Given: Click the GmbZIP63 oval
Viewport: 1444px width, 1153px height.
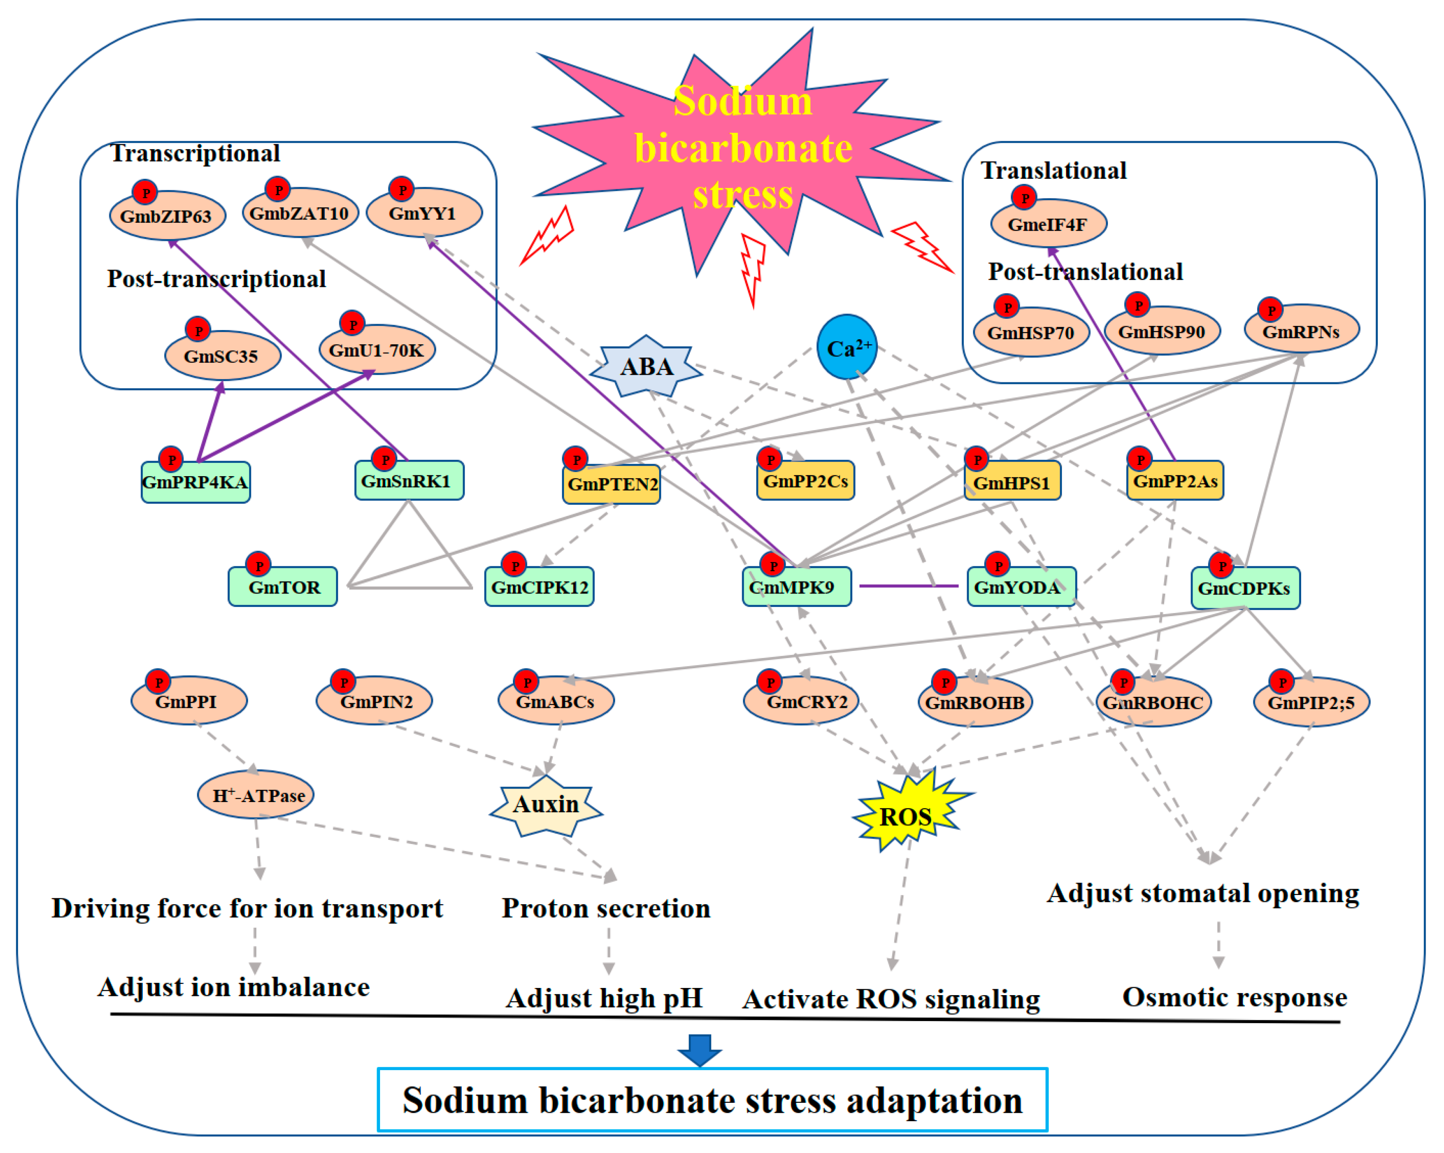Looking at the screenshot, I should click(168, 216).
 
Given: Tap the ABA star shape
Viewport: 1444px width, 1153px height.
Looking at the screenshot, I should click(646, 366).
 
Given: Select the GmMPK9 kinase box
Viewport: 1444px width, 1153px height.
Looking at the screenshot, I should click(796, 587).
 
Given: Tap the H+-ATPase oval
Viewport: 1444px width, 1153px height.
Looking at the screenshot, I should click(256, 795).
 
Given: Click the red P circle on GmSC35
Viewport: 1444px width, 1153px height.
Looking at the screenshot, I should click(198, 330).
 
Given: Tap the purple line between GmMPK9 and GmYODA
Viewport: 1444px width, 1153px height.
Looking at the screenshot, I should click(909, 586).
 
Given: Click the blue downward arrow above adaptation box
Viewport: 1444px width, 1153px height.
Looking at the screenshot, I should click(699, 1049).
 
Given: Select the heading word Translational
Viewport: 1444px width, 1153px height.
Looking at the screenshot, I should click(1053, 171).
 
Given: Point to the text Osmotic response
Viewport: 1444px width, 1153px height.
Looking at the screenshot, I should click(1234, 997).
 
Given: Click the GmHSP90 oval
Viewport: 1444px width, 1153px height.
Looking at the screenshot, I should click(1162, 331).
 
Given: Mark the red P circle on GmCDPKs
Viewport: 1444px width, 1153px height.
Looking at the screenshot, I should click(1221, 565).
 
